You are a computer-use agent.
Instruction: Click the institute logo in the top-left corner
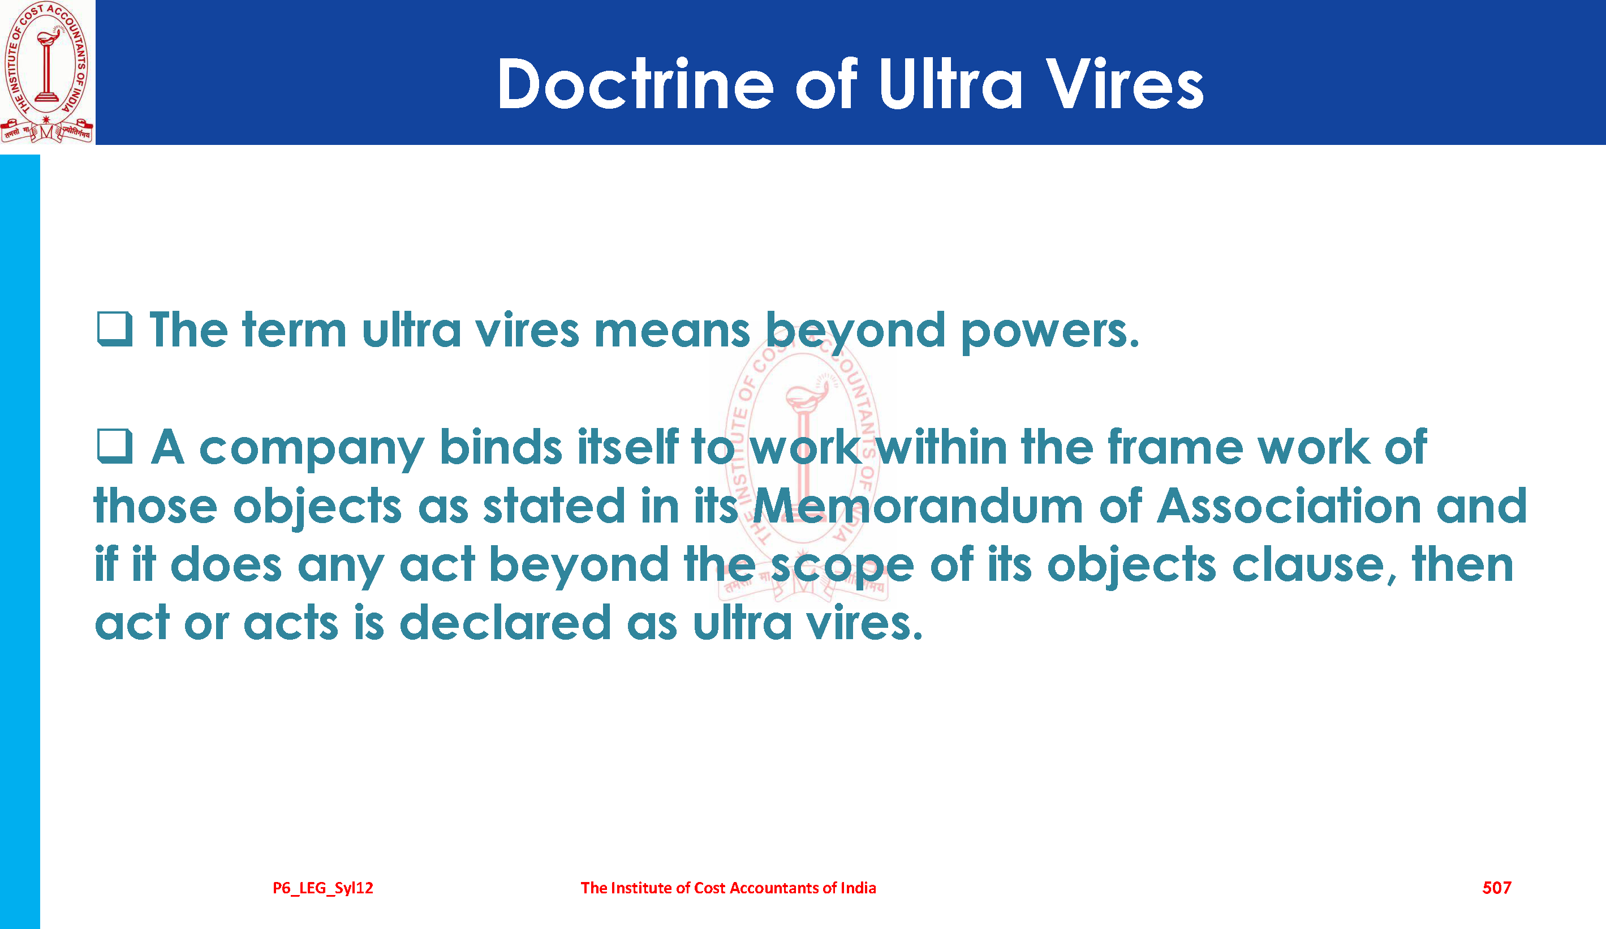point(47,72)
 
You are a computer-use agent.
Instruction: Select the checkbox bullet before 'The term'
point(115,329)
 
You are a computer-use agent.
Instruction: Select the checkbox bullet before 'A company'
point(115,446)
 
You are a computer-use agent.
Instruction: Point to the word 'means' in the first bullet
point(673,332)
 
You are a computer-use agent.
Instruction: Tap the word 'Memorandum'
point(918,506)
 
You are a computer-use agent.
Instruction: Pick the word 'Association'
point(1289,506)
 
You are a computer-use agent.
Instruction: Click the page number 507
point(1496,888)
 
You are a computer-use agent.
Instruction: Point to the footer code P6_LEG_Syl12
point(323,888)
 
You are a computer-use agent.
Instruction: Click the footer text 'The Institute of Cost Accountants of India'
point(729,888)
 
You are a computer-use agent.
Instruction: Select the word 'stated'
point(554,506)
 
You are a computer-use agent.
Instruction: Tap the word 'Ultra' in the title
point(951,84)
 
